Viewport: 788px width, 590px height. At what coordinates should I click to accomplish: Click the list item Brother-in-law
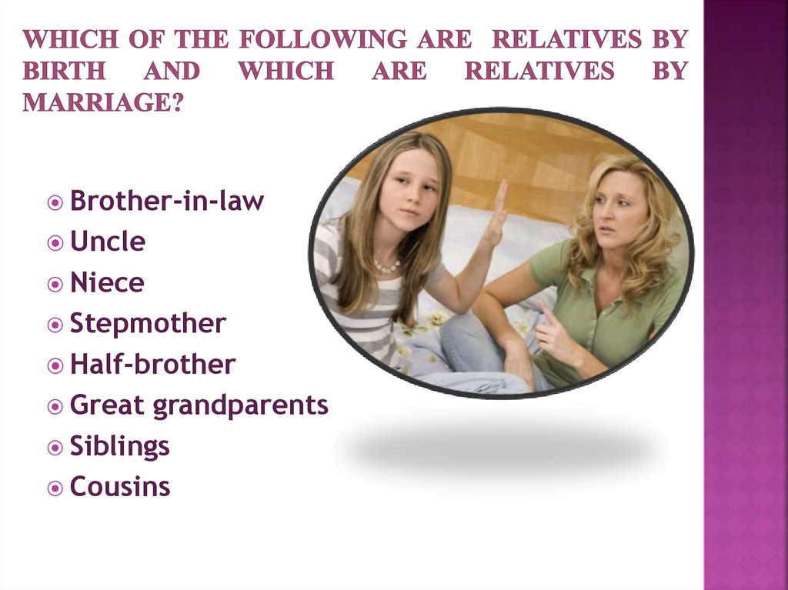[166, 202]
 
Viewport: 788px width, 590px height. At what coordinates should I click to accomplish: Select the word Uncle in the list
[108, 242]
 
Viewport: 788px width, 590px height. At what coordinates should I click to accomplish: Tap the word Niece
[107, 283]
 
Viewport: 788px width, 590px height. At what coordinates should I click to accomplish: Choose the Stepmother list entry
[148, 324]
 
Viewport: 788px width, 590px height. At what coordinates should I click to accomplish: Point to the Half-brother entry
[152, 365]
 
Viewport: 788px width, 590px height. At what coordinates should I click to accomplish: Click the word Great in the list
[107, 405]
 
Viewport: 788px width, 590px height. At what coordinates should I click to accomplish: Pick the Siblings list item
[119, 446]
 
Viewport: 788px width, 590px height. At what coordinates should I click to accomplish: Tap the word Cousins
[120, 487]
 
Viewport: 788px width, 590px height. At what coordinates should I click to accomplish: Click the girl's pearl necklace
[387, 266]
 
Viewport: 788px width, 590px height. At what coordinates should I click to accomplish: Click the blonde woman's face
[619, 210]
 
